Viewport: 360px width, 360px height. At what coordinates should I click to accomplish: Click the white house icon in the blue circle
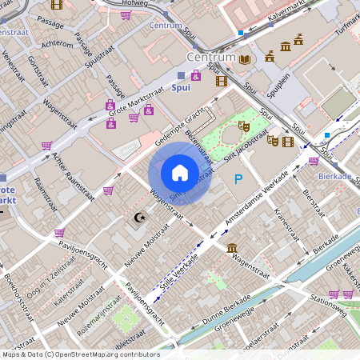click(180, 172)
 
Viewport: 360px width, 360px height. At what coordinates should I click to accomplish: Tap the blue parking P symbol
click(238, 180)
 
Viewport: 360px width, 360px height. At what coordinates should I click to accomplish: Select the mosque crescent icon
click(139, 217)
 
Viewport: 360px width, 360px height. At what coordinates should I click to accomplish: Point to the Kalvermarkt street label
click(288, 16)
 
